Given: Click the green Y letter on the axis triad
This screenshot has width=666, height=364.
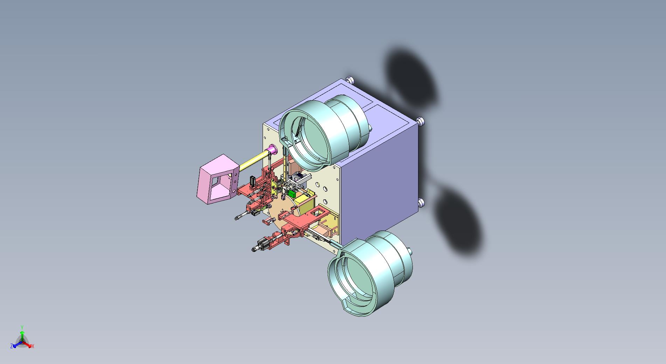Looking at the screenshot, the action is pos(22,327).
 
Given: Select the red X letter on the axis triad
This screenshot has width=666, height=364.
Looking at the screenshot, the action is pos(33,346).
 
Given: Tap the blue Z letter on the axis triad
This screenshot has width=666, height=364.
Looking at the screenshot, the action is pos(12,346).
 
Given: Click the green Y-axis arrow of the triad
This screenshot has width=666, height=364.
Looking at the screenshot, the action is pos(22,335).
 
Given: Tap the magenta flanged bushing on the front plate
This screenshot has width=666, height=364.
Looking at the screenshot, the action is pos(272,151).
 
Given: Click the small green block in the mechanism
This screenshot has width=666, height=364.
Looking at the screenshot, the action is pos(291,193).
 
